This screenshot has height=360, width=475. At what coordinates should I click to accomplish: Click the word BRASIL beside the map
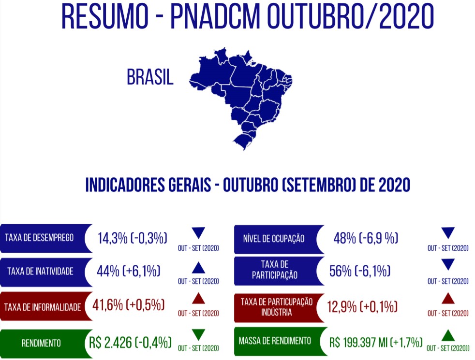tap(150, 77)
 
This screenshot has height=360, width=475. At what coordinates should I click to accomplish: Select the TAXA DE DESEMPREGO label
tap(39, 238)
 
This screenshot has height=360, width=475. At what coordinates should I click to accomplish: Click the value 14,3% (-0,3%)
tap(133, 238)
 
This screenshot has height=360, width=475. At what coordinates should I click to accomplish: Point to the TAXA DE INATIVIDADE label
tap(40, 271)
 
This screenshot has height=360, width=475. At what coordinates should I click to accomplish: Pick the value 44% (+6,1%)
tap(129, 271)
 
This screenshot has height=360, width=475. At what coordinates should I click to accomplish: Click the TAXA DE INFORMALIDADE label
tap(43, 307)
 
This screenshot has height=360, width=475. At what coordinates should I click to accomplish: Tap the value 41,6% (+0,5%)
tap(129, 305)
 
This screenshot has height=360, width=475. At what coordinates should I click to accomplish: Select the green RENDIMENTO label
tap(41, 344)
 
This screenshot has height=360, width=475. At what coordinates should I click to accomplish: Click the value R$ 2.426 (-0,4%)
tap(130, 343)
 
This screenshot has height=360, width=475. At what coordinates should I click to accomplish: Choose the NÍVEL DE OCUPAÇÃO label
tap(274, 238)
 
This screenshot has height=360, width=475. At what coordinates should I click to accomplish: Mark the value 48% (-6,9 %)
tap(366, 238)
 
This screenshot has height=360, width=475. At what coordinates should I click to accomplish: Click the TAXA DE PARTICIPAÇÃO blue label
tap(275, 270)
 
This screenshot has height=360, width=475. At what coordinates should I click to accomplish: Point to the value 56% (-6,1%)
tap(360, 271)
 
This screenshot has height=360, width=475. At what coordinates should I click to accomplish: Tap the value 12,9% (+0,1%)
tap(362, 307)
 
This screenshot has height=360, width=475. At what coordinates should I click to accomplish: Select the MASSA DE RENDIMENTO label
tap(275, 341)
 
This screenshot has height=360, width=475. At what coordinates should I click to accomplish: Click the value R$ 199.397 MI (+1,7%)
tap(376, 343)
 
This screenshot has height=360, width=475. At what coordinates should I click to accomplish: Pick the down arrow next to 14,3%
tap(198, 232)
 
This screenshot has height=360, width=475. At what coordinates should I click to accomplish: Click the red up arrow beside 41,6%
tap(198, 298)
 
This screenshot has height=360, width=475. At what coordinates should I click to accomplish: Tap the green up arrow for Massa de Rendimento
tap(448, 336)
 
